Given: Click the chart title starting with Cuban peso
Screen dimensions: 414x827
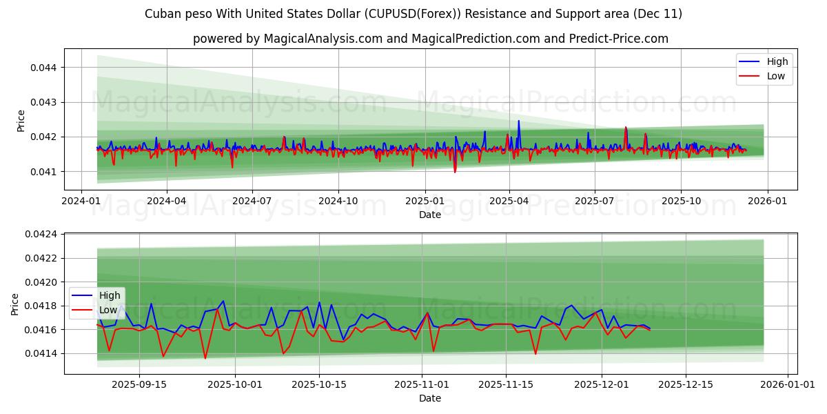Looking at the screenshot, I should (413, 14).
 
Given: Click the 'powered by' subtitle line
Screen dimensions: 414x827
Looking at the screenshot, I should (431, 39).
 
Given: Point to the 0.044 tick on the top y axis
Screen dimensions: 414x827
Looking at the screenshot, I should (44, 68).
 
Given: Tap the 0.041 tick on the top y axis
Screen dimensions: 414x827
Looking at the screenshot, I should (44, 171).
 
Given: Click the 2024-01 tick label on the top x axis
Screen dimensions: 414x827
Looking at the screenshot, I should (82, 200).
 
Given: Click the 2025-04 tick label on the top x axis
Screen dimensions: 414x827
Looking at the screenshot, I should (509, 200).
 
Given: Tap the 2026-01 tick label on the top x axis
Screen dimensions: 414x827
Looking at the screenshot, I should (767, 200).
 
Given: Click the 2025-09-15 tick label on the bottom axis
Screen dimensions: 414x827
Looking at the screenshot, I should (139, 384).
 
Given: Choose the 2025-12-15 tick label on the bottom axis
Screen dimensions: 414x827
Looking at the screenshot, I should (685, 384).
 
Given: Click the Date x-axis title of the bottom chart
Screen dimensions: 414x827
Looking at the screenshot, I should (431, 398).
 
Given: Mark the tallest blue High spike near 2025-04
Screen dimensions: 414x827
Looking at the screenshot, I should (519, 121).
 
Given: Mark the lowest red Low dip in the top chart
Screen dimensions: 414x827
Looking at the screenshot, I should (455, 171).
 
